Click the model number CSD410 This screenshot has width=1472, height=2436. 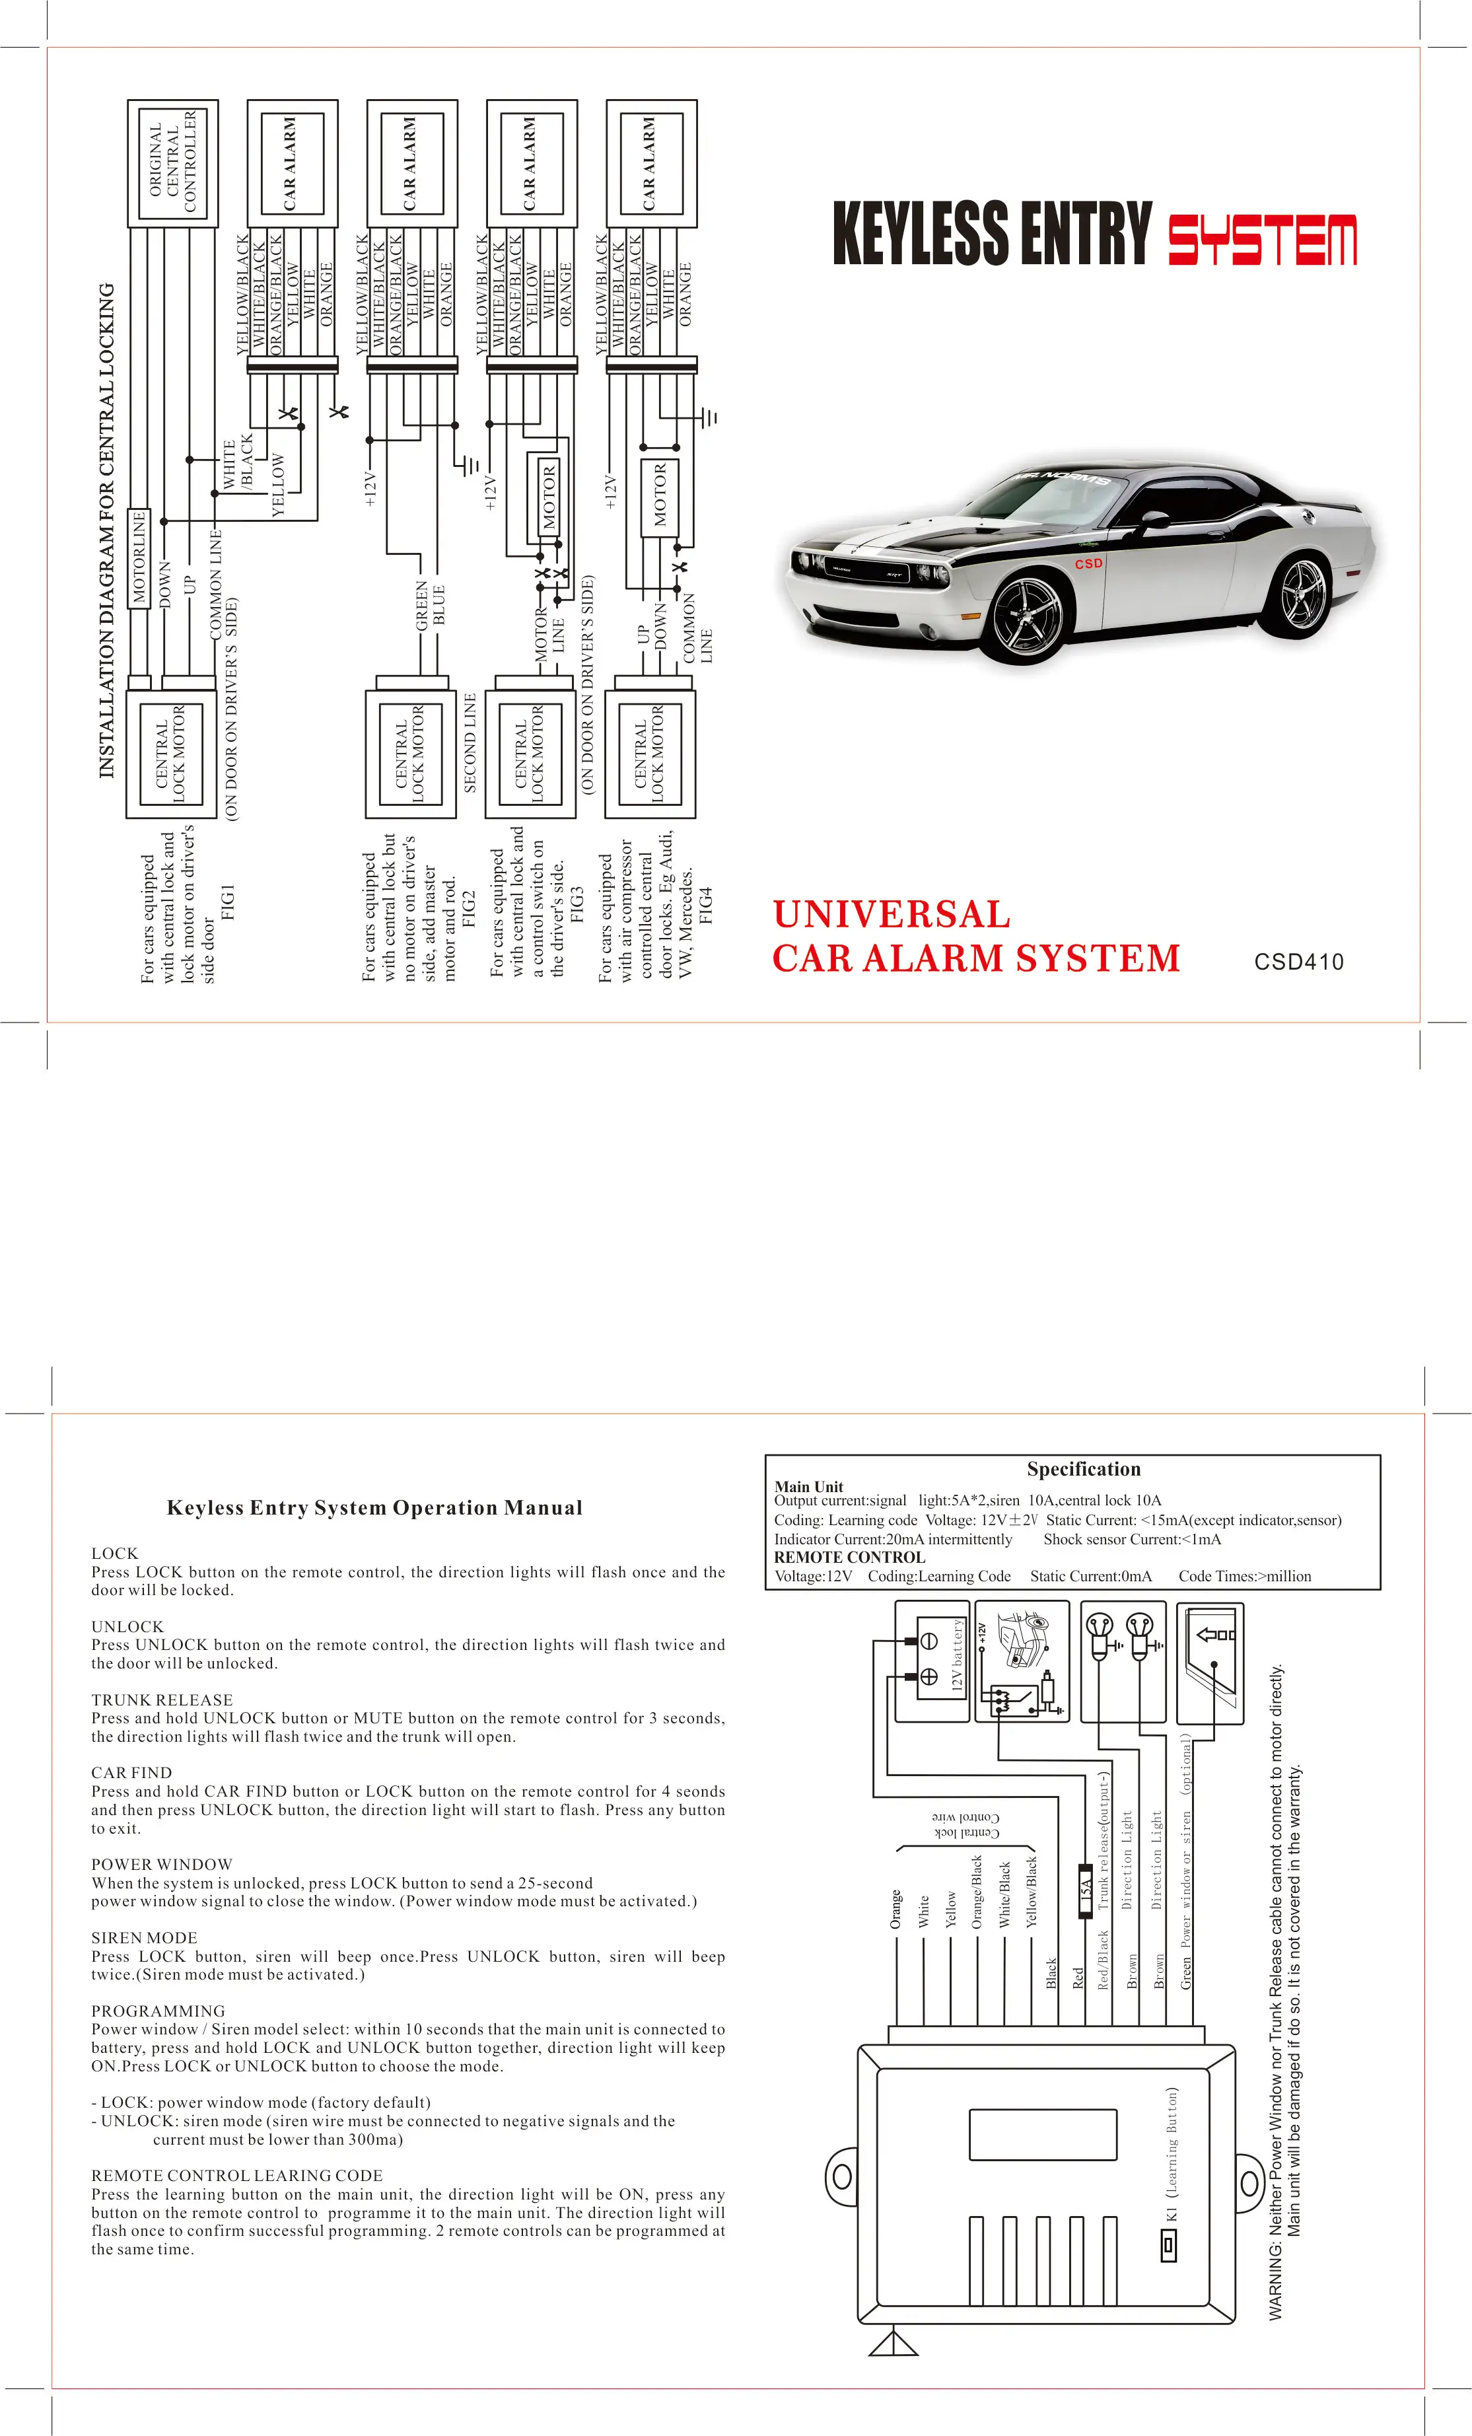point(1298,962)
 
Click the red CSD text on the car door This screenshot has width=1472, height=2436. point(1088,563)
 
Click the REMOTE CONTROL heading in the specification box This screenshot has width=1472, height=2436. point(849,1557)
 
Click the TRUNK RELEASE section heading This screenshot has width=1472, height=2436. point(162,1700)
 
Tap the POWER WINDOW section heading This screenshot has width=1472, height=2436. point(162,1865)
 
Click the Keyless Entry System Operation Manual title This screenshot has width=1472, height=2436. point(374,1508)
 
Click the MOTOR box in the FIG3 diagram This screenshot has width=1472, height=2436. point(549,495)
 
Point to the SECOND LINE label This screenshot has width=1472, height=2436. point(471,742)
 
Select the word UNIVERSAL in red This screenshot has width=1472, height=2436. point(891,914)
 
